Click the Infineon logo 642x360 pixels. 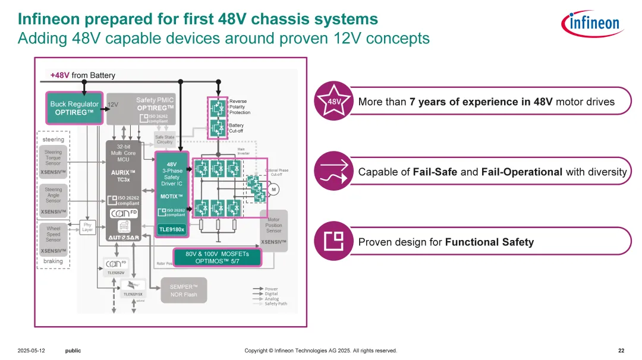pyautogui.click(x=590, y=24)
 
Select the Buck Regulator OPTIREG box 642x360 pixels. pyautogui.click(x=74, y=108)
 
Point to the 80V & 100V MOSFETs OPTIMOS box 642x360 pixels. pyautogui.click(x=217, y=257)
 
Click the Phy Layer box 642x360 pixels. pyautogui.click(x=88, y=227)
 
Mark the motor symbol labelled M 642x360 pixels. pyautogui.click(x=274, y=190)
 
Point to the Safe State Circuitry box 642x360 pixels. pyautogui.click(x=165, y=140)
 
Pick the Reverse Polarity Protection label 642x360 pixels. pyautogui.click(x=240, y=107)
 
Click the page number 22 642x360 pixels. pyautogui.click(x=621, y=350)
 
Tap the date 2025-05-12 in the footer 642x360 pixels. pyautogui.click(x=31, y=350)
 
